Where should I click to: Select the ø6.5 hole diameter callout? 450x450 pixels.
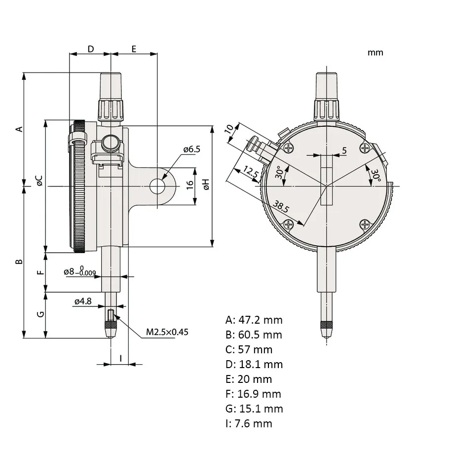pos(191,149)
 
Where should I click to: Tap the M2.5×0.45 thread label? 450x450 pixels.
pos(167,332)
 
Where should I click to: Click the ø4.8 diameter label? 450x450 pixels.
pos(83,301)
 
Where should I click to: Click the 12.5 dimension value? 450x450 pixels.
pos(251,173)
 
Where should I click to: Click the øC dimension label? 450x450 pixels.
pos(39,181)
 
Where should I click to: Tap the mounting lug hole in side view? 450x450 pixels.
pos(157,186)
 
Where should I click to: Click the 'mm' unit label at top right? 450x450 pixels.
pos(375,52)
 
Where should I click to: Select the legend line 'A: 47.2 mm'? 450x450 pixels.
pos(254,319)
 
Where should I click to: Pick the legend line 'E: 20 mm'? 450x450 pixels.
pos(249,379)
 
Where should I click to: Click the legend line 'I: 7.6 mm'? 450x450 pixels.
pos(249,423)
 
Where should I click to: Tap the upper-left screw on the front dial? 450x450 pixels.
pos(288,148)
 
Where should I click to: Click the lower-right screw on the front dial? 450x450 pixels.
pos(365,225)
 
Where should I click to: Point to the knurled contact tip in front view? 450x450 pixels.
pos(326,326)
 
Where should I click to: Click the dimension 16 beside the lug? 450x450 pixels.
pos(190,185)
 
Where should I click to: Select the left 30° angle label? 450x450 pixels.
pos(279,172)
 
